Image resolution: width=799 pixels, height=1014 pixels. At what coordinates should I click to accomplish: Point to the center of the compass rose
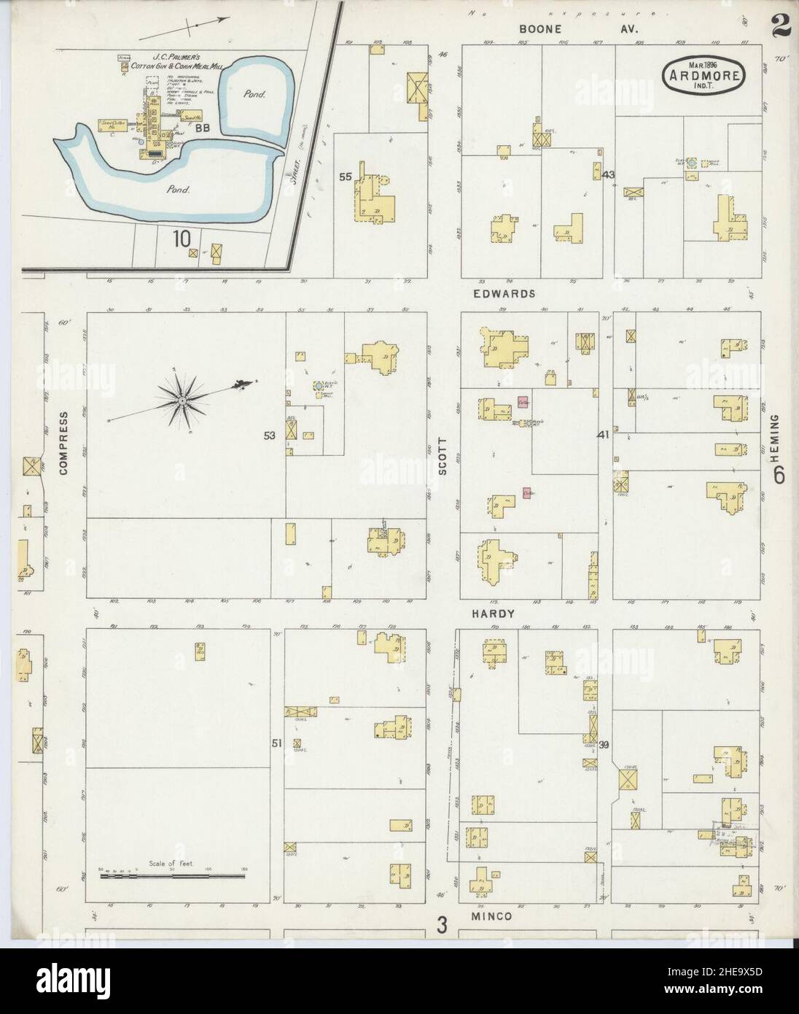tap(179, 399)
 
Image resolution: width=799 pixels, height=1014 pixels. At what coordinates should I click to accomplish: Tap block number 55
tap(346, 177)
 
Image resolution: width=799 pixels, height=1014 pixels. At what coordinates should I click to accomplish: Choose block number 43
tap(609, 175)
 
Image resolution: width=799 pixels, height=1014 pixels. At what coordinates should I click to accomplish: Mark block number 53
tap(270, 436)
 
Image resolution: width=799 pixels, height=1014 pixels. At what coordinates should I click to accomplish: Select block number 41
tap(602, 435)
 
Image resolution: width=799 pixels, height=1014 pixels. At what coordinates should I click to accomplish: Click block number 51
tap(276, 743)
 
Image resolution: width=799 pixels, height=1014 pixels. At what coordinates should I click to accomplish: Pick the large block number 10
tap(183, 238)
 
